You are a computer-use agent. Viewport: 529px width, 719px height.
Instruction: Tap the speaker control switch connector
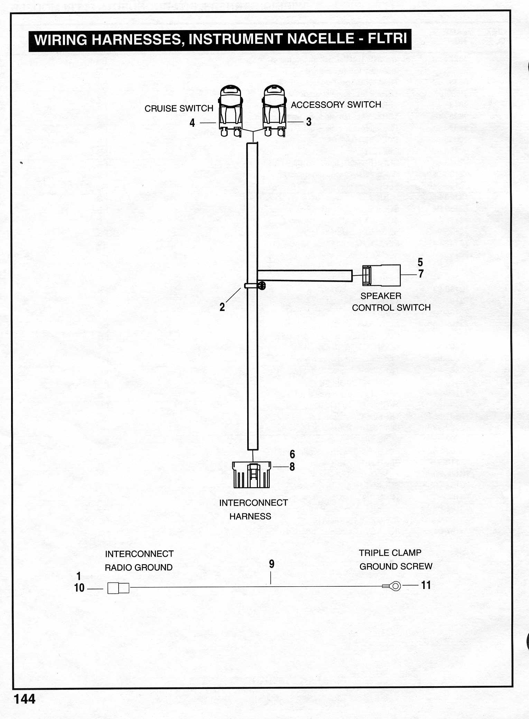coord(381,275)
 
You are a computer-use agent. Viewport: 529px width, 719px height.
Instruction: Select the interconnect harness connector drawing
coord(252,475)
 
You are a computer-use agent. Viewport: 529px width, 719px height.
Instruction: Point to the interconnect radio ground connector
coord(118,588)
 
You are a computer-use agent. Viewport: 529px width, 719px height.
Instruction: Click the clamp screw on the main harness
coord(262,286)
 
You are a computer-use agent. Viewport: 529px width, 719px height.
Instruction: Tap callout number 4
coord(192,123)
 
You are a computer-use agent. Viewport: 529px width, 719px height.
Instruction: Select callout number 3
coord(309,122)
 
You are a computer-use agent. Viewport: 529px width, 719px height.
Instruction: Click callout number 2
coord(222,307)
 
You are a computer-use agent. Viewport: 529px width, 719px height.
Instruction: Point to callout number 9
coord(272,564)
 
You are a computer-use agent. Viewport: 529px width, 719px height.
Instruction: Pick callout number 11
coord(426,585)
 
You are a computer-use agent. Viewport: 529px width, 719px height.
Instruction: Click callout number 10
coord(80,588)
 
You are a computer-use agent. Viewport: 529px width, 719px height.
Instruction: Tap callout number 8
coord(292,467)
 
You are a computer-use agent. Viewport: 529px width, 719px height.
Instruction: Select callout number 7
coord(421,274)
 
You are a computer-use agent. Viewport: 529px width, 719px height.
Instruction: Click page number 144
coord(24,699)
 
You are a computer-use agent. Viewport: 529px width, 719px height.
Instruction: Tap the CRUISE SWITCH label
coord(179,108)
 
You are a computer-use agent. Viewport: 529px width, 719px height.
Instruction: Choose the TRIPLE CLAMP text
coord(390,553)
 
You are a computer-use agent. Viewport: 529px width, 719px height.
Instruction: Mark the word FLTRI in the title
coord(388,38)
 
